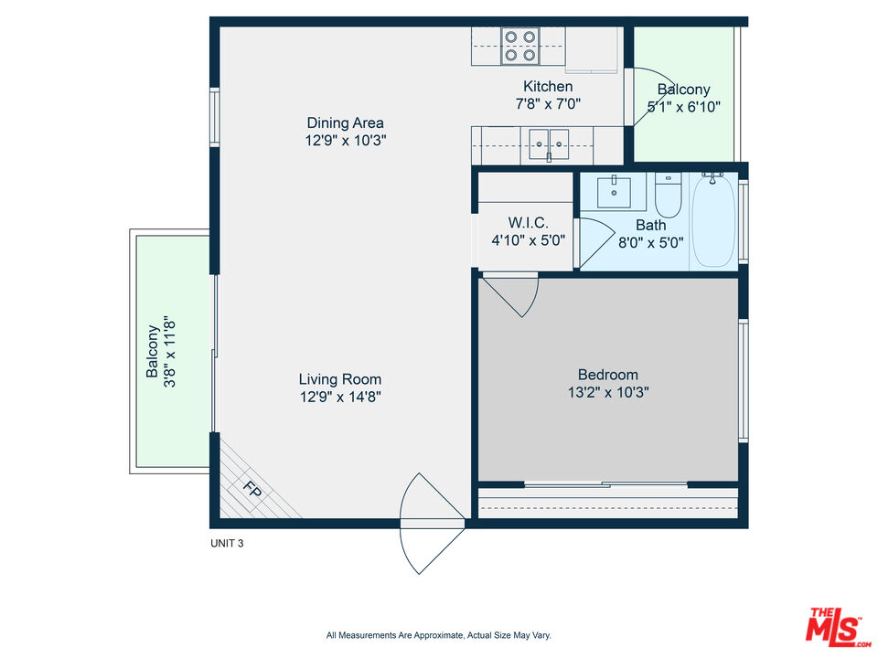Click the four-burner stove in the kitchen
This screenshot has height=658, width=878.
point(519,46)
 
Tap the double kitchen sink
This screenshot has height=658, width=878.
point(550,145)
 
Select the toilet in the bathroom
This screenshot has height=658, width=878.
point(668,196)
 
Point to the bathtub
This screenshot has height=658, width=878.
point(714,220)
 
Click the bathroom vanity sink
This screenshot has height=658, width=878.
point(615,193)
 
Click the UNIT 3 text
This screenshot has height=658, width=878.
point(227,543)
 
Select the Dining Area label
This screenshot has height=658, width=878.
point(346,122)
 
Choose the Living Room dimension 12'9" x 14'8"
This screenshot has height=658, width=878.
point(340,397)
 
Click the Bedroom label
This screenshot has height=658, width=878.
point(608,375)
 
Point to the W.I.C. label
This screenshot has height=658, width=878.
point(528,223)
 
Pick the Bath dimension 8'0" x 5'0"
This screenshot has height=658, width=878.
point(650,242)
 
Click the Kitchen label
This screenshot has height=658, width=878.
point(548,86)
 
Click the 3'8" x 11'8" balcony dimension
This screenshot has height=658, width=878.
point(170,351)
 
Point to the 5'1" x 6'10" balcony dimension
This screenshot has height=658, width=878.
point(684,106)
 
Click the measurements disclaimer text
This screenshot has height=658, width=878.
point(439,635)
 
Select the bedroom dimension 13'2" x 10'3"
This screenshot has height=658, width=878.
point(608,392)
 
